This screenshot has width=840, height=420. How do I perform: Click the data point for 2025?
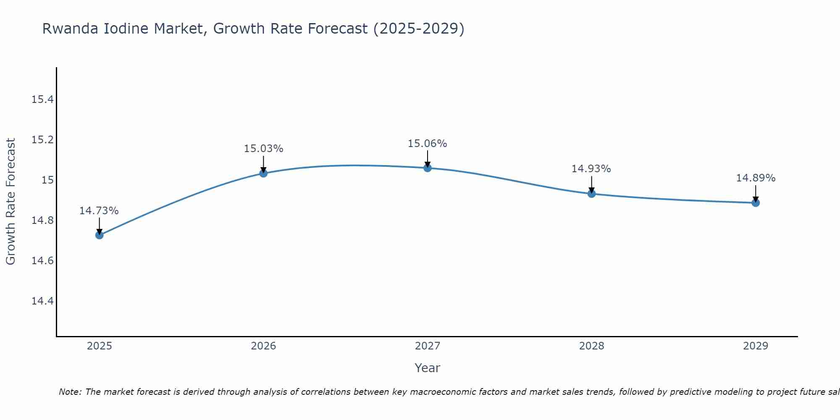tap(100, 235)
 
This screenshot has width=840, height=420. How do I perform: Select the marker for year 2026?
tap(263, 173)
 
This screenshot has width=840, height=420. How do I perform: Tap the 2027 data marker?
tap(428, 168)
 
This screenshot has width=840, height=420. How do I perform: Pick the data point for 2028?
tap(591, 194)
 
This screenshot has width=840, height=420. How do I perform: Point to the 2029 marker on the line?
tap(756, 203)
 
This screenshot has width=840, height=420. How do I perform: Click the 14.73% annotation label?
tap(99, 211)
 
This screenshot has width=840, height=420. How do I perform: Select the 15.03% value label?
tap(263, 149)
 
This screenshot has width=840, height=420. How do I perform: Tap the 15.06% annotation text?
tap(428, 144)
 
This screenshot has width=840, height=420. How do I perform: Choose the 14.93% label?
tap(591, 169)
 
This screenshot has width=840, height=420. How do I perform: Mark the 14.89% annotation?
tap(756, 178)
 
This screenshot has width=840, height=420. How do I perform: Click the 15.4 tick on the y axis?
tap(42, 100)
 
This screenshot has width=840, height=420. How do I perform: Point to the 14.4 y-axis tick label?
tap(42, 301)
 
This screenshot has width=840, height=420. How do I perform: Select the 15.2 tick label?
tap(42, 140)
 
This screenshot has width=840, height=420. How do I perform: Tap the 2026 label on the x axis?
tap(263, 346)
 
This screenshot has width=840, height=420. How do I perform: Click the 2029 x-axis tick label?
tap(756, 346)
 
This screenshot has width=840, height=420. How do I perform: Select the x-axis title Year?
tap(427, 368)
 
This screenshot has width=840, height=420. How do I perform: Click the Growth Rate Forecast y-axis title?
tap(10, 202)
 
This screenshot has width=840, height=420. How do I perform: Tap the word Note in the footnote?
tap(71, 392)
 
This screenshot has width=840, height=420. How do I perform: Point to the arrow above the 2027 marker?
tap(428, 158)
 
